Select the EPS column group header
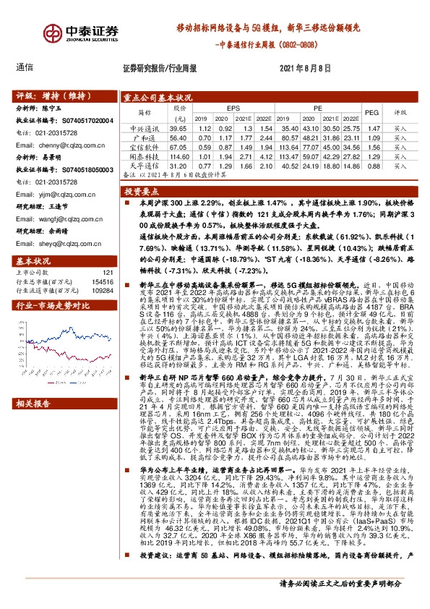click(x=233, y=107)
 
